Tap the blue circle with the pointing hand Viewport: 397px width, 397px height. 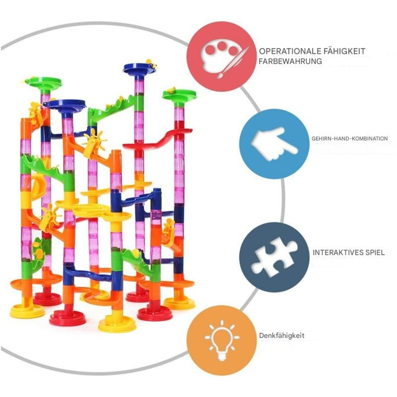(x=274, y=144)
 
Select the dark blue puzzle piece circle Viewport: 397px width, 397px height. (x=274, y=257)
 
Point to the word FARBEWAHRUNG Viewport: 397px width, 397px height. (x=290, y=61)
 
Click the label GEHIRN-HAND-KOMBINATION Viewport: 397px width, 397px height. (x=349, y=138)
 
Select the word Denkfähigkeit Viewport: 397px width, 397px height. (x=282, y=335)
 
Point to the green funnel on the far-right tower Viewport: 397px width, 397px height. (x=179, y=95)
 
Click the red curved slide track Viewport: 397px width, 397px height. (x=157, y=139)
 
